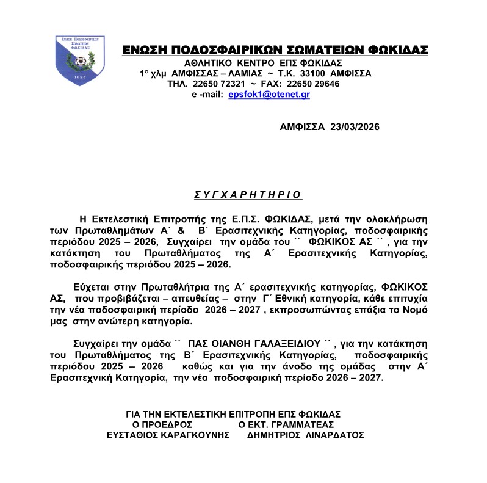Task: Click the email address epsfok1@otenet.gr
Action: coord(269,95)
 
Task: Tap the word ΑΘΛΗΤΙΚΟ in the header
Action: coord(212,62)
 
